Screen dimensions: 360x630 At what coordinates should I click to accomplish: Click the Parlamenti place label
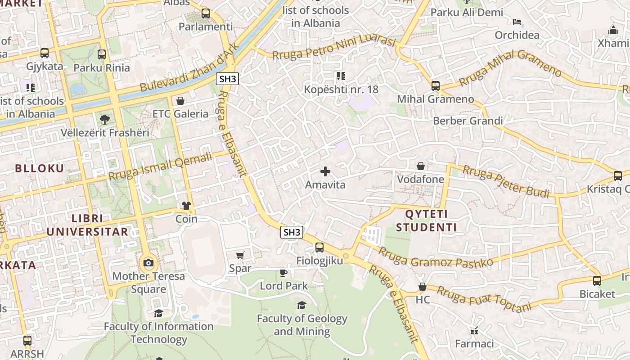(206, 27)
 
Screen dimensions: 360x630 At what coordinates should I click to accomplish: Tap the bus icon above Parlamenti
(206, 13)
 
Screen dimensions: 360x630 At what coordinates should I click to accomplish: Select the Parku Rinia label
(102, 68)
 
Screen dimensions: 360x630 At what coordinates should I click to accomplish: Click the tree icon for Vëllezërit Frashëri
(104, 119)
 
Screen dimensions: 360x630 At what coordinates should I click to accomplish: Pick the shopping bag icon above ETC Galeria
(180, 100)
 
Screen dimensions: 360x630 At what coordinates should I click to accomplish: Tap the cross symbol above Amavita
(325, 171)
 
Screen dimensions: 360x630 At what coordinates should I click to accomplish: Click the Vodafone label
(420, 179)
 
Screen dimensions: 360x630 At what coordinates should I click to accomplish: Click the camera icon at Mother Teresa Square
(148, 263)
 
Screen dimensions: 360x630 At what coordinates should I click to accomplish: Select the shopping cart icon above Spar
(240, 256)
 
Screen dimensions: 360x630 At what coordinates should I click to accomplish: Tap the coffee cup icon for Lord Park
(283, 273)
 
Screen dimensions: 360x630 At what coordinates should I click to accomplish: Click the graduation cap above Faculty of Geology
(301, 306)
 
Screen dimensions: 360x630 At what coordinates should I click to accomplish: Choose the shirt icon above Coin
(186, 206)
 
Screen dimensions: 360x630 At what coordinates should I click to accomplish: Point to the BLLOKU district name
(40, 168)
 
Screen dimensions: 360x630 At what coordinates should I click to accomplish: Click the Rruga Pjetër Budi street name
(506, 182)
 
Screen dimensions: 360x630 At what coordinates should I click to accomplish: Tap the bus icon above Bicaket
(597, 281)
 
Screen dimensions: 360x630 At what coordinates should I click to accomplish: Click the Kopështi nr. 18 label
(341, 89)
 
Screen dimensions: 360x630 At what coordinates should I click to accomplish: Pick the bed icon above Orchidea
(517, 22)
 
